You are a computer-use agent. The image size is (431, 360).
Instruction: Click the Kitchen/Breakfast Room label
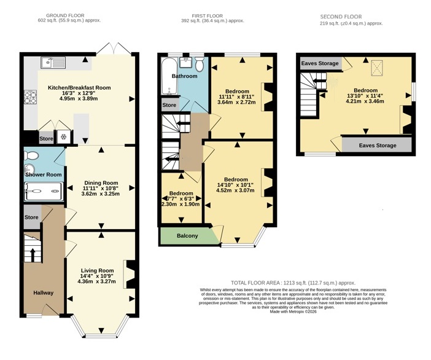pyautogui.click(x=79, y=88)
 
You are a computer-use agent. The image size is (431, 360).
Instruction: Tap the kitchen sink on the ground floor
pyautogui.click(x=53, y=63)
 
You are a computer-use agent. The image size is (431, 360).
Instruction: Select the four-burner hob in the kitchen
pyautogui.click(x=30, y=97)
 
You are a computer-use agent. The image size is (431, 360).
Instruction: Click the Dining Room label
pyautogui.click(x=101, y=183)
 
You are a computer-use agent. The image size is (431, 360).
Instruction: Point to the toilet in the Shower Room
pyautogui.click(x=31, y=155)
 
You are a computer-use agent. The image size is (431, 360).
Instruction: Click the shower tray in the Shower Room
pyautogui.click(x=44, y=191)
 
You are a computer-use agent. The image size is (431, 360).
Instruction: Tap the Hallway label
pyautogui.click(x=44, y=293)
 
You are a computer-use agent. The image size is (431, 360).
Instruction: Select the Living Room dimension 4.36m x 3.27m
pyautogui.click(x=97, y=281)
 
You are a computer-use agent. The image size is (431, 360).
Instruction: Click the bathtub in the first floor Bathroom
pyautogui.click(x=168, y=76)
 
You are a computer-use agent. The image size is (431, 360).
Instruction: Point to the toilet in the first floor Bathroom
pyautogui.click(x=200, y=64)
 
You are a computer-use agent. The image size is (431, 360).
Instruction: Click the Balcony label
pyautogui.click(x=187, y=236)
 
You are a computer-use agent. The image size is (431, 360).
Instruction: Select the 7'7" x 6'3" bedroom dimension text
pyautogui.click(x=181, y=199)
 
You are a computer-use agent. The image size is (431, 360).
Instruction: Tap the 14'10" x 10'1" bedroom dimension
pyautogui.click(x=236, y=185)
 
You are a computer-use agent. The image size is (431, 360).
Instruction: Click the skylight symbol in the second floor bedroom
pyautogui.click(x=377, y=68)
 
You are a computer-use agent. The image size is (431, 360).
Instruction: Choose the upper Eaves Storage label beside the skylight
pyautogui.click(x=320, y=63)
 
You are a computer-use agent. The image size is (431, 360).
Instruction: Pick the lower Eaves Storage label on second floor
pyautogui.click(x=378, y=146)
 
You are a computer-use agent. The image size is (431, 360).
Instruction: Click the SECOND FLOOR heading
pyautogui.click(x=341, y=17)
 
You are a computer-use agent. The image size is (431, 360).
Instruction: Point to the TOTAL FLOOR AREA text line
pyautogui.click(x=293, y=283)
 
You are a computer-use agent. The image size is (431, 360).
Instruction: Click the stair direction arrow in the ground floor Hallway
pyautogui.click(x=33, y=255)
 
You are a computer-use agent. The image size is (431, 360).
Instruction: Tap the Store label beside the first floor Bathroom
pyautogui.click(x=169, y=105)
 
